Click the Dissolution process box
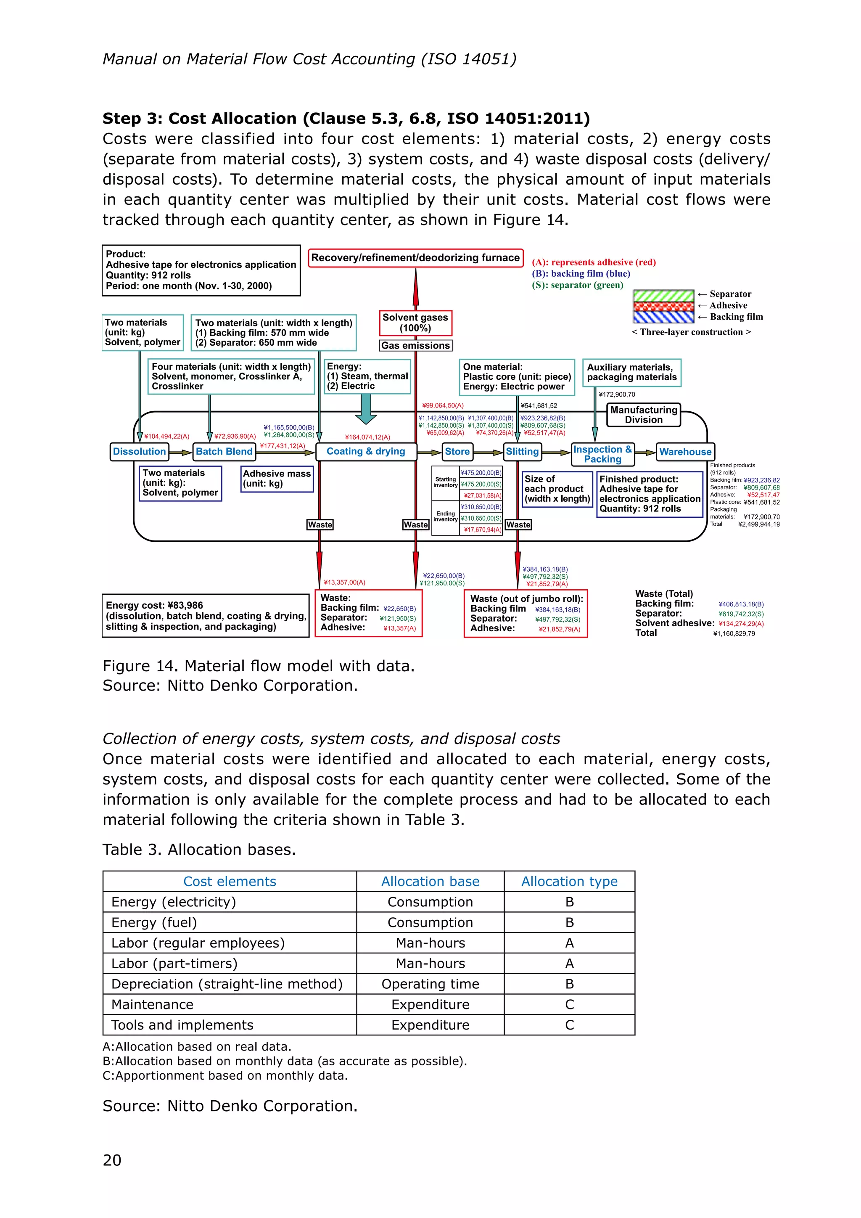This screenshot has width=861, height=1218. coord(140,451)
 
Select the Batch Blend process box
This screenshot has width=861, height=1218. coord(224,451)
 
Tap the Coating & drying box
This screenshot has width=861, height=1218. coord(366,451)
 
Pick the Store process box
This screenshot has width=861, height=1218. coord(457,451)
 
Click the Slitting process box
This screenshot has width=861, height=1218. coord(522,451)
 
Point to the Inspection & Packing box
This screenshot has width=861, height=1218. coord(602,454)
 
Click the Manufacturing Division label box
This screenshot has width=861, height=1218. coord(644,415)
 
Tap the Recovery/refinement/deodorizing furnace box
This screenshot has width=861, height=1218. coord(415,258)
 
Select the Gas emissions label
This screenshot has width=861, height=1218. coord(415,345)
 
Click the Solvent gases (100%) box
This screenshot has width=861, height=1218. coord(415,323)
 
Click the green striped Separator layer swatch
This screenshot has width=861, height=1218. coord(663,296)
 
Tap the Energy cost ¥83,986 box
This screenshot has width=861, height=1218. coord(206,615)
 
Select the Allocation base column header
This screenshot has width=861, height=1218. coord(430,881)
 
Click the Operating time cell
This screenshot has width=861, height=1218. coord(430,984)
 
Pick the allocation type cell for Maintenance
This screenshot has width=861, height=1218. coord(569,1004)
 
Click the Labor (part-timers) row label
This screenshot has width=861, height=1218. coord(174,964)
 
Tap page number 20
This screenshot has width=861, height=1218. coord(112,1160)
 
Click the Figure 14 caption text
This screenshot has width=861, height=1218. coord(258,666)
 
